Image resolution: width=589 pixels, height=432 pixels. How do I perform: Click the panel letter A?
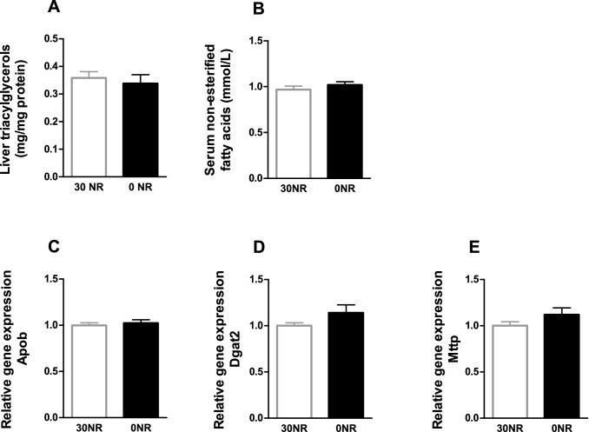click(x=54, y=9)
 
